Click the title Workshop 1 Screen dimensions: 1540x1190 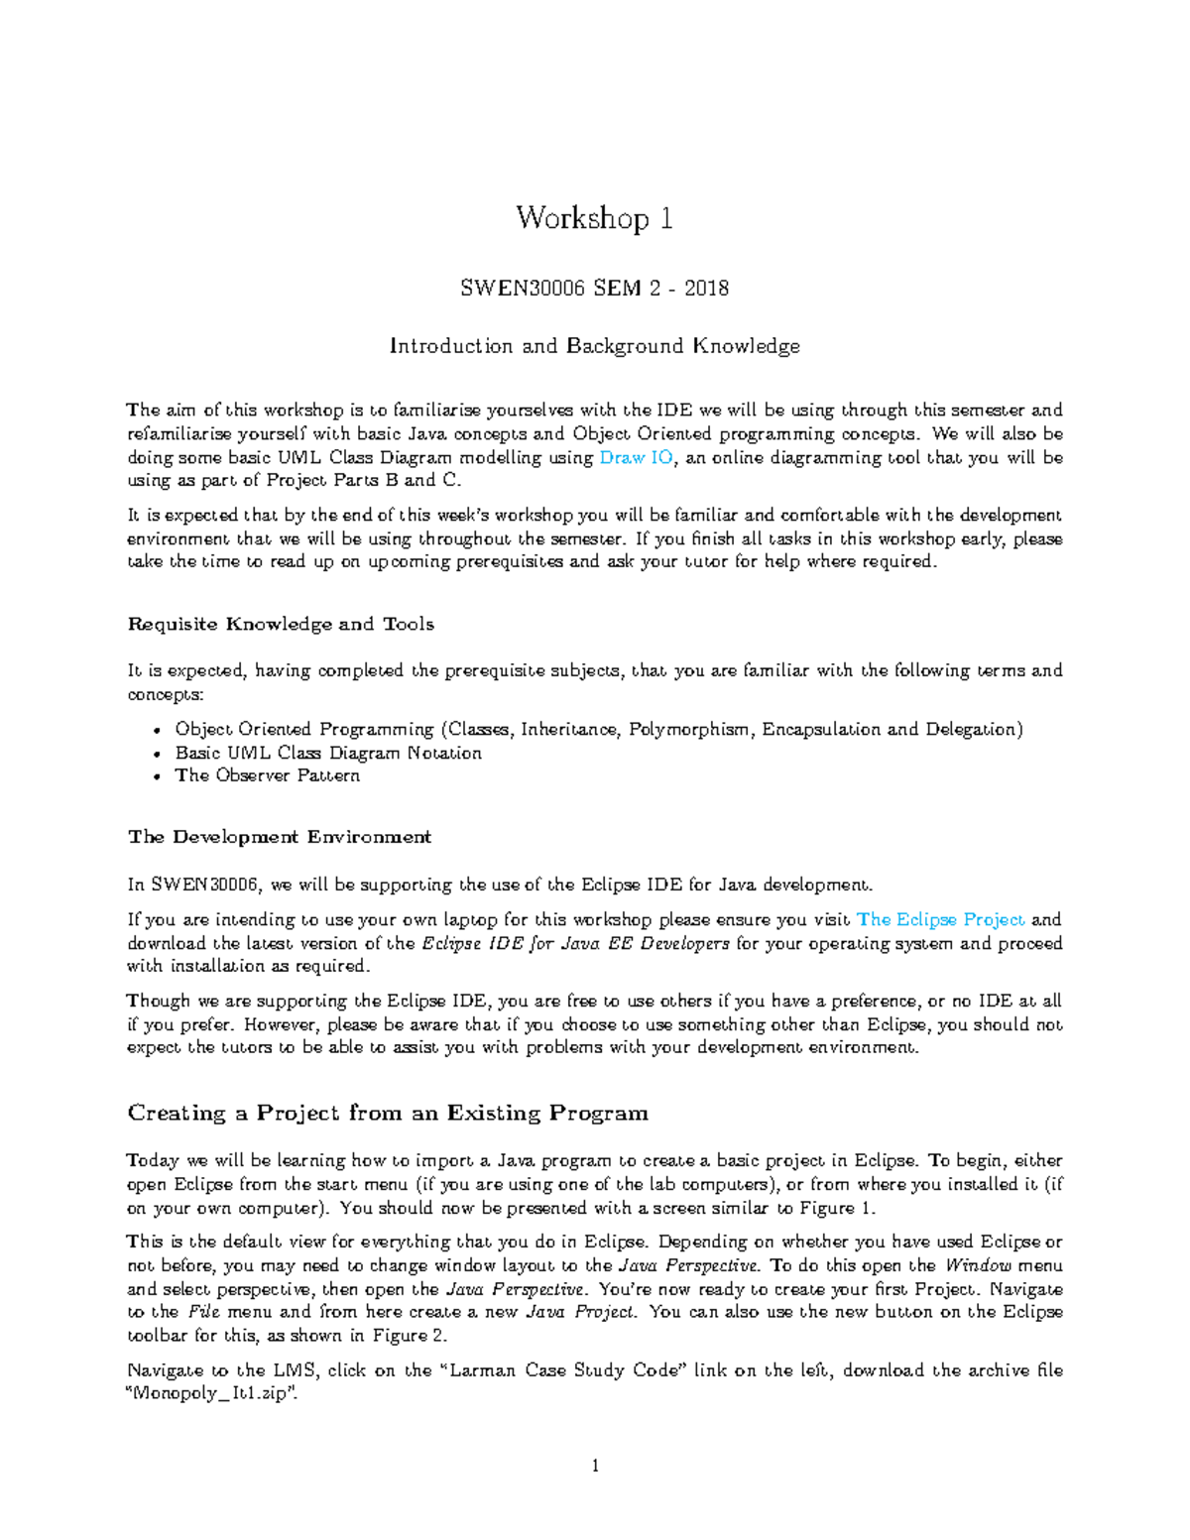tap(594, 218)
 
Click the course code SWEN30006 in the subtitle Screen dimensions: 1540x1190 tap(524, 289)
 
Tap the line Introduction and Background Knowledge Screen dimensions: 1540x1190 tap(594, 346)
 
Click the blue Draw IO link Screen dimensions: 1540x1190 tap(637, 458)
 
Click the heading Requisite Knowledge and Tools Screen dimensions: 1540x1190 tap(281, 624)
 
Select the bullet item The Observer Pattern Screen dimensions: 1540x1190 tap(267, 775)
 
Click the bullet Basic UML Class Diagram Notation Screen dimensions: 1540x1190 tap(328, 753)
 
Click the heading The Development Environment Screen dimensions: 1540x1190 tap(280, 837)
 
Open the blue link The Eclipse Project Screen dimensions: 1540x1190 tap(940, 920)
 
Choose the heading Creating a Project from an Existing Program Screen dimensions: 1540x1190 tap(388, 1113)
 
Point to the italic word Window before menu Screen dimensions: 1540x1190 tap(978, 1266)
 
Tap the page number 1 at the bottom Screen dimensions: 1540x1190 tap(595, 1467)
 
